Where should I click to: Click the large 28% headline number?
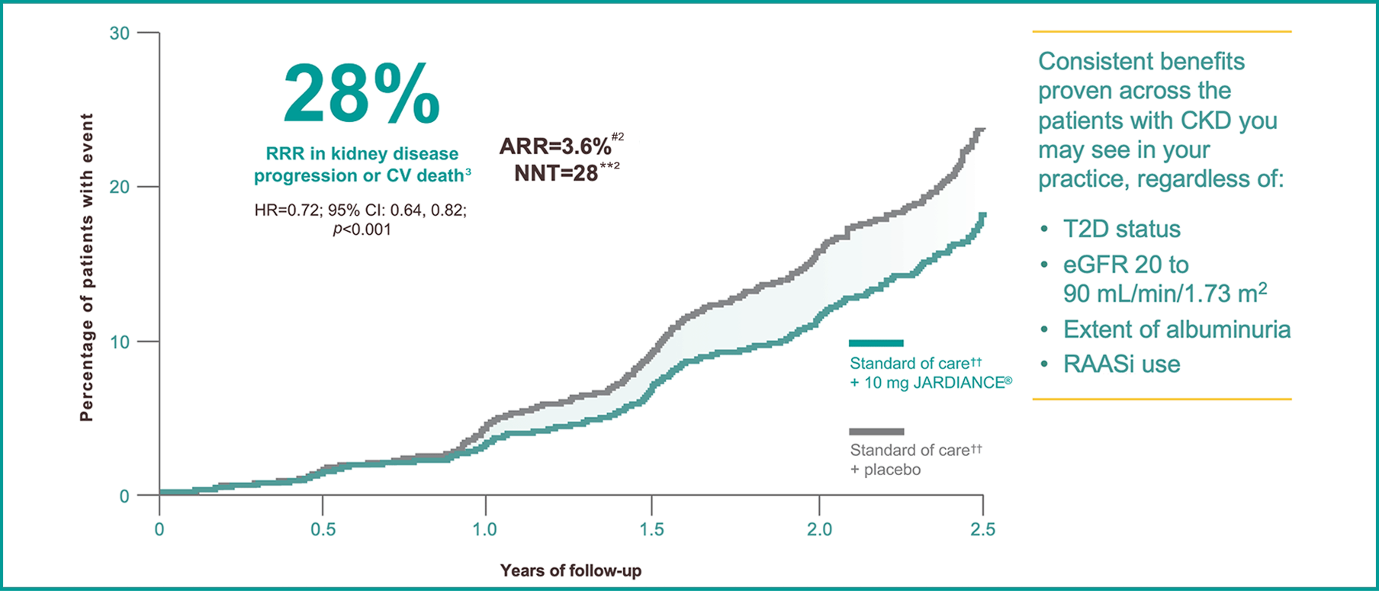click(x=362, y=95)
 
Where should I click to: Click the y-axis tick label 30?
click(x=120, y=33)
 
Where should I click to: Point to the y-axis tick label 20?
click(x=120, y=187)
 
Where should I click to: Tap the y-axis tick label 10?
click(x=120, y=342)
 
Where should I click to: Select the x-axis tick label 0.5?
click(x=323, y=529)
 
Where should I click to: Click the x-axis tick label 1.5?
click(x=651, y=529)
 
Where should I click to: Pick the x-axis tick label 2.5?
click(x=982, y=529)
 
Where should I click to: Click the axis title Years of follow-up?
click(x=571, y=570)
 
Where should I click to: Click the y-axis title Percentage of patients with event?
click(x=86, y=267)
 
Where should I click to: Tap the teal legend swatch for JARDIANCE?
click(x=876, y=343)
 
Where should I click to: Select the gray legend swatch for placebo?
click(x=876, y=432)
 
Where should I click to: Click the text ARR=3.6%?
click(x=555, y=146)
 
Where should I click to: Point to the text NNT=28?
click(x=556, y=173)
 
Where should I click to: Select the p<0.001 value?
click(x=362, y=230)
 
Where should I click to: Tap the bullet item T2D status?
click(x=1121, y=229)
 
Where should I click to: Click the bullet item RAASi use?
click(x=1121, y=364)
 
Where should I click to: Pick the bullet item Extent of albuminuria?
click(x=1176, y=329)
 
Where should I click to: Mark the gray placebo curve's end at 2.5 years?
click(x=982, y=130)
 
